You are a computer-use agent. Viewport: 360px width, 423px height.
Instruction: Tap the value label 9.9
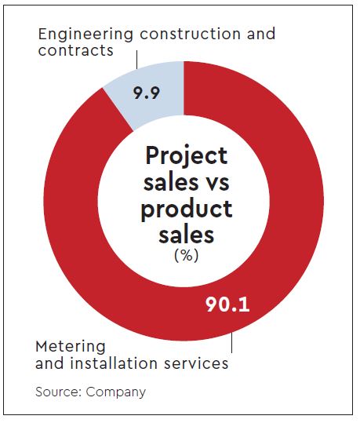coord(147,93)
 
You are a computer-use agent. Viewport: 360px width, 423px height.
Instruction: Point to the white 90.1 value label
coord(227,304)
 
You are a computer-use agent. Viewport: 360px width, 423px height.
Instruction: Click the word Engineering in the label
coord(85,35)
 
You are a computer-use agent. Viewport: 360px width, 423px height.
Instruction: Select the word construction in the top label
coord(190,34)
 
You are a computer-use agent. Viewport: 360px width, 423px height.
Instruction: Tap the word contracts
coord(75,50)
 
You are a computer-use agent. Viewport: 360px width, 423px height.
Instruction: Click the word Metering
coord(71,347)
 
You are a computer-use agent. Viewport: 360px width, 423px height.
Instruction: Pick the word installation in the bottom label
coord(114,363)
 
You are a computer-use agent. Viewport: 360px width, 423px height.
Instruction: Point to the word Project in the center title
coord(187,155)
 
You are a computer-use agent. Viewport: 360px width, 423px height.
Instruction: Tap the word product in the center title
coord(187,210)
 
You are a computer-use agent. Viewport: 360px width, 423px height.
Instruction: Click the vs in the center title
coord(217,182)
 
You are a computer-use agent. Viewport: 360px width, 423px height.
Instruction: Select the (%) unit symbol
coord(187,255)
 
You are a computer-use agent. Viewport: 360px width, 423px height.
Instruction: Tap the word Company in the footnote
coord(116,392)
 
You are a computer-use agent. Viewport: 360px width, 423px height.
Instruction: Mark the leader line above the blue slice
coord(136,60)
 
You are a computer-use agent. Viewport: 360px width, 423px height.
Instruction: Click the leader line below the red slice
coord(231,343)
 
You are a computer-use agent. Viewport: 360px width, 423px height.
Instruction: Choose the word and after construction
coord(261,34)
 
